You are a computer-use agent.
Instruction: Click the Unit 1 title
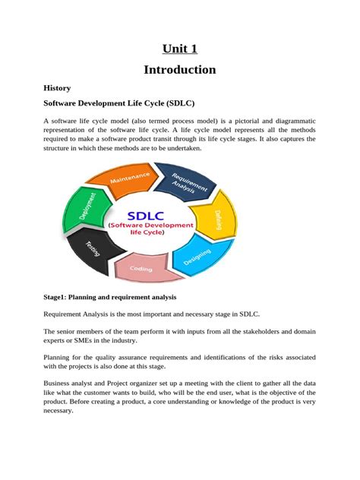[x=179, y=49]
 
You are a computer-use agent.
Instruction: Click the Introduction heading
[x=179, y=70]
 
